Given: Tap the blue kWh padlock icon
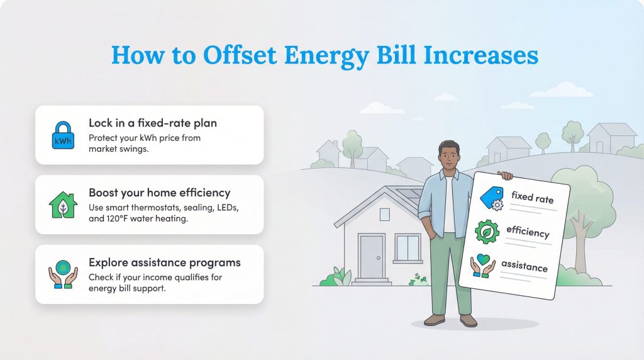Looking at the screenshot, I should coord(63,135).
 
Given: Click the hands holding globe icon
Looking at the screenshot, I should coord(63,274).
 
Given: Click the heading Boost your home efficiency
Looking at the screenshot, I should coord(159,193).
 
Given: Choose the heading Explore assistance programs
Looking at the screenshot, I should coord(164,262).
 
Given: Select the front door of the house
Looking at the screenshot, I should coord(371,257).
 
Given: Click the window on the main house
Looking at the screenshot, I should coord(409,248).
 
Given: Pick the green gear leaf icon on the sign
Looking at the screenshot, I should coord(486,232).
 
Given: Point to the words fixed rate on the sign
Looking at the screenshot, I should coord(532,198).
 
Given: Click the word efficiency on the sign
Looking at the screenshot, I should coord(528,232).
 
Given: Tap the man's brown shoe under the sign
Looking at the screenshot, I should coord(468,321).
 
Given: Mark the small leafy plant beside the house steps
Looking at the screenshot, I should coord(341,276).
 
